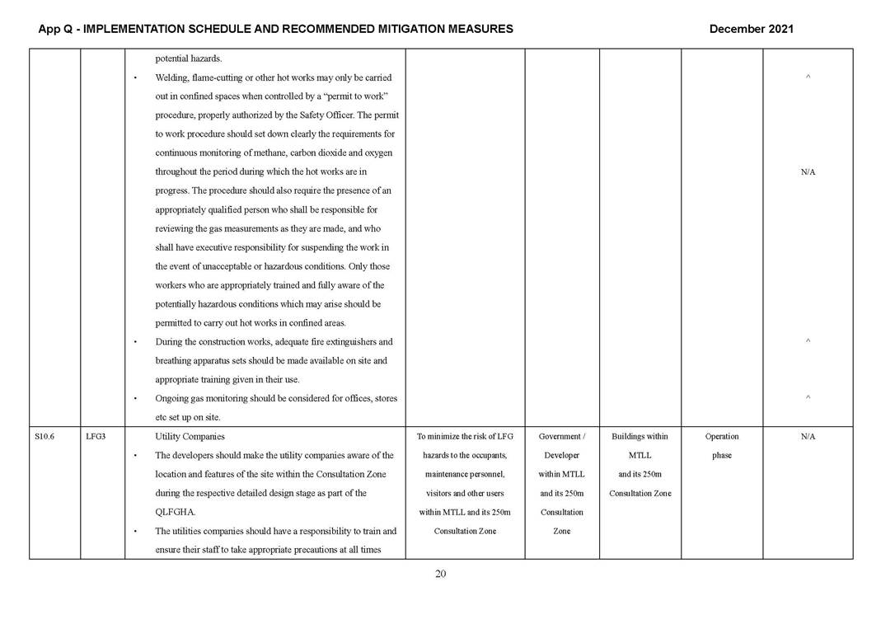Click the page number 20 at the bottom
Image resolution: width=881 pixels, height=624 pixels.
(x=440, y=575)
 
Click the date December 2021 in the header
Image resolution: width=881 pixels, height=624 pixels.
(x=751, y=29)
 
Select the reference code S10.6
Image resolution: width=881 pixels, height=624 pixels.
(x=45, y=437)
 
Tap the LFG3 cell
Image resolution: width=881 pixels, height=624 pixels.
(x=95, y=437)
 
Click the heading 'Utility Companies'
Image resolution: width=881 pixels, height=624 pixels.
(x=190, y=437)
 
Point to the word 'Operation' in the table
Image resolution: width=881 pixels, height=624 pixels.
(x=722, y=437)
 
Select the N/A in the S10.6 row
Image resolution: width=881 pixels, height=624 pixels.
(x=808, y=437)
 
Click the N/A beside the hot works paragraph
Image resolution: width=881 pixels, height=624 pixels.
(x=808, y=172)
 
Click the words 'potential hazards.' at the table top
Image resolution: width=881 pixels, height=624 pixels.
(x=188, y=59)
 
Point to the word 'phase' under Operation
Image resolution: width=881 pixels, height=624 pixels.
(x=722, y=456)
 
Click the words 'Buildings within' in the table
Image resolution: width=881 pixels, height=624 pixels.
(x=640, y=437)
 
